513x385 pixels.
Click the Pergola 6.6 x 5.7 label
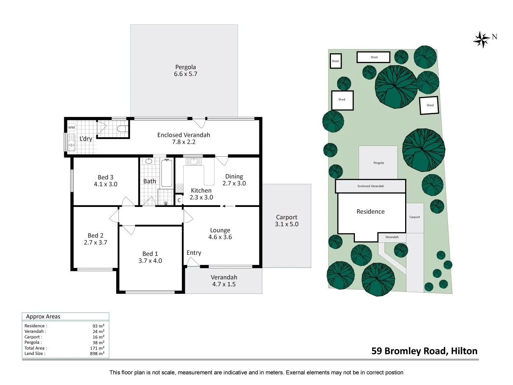(185, 70)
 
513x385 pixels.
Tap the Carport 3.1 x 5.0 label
(286, 221)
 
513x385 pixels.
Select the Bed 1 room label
(150, 254)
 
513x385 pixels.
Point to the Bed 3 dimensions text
(105, 184)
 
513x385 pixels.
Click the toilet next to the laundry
(121, 129)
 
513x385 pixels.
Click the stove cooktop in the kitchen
(179, 188)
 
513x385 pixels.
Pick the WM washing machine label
(71, 128)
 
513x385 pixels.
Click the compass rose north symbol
(481, 39)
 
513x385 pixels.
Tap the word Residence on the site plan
(370, 211)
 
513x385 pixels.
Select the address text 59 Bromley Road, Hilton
(424, 351)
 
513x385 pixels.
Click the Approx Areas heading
(43, 317)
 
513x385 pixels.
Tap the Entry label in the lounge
(194, 253)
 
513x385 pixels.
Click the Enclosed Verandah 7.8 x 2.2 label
(184, 138)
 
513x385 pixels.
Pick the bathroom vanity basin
(148, 161)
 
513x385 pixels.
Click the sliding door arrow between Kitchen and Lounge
(229, 206)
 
